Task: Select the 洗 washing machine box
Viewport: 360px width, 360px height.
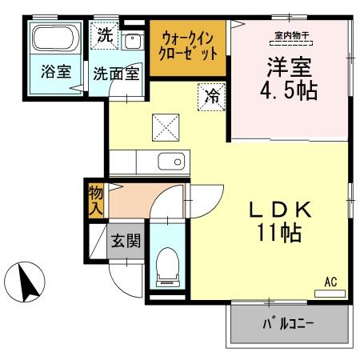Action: click(x=105, y=34)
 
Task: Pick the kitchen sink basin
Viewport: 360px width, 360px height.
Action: click(x=171, y=162)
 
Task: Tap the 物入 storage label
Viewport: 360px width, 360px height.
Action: click(x=96, y=201)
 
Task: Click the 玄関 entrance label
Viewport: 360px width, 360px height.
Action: click(x=126, y=241)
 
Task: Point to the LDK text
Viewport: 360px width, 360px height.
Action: click(x=280, y=210)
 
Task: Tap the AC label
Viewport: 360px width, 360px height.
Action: click(x=330, y=282)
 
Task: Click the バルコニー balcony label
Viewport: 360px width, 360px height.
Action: click(x=287, y=325)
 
